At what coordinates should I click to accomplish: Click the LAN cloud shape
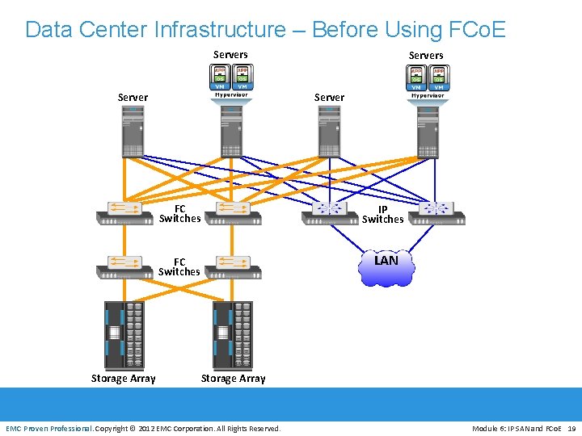click(386, 267)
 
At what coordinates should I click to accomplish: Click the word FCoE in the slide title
click(475, 30)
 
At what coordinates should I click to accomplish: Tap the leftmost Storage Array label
click(123, 379)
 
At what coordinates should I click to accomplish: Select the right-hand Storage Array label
click(233, 379)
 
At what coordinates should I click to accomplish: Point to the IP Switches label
click(382, 214)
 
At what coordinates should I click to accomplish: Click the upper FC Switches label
click(179, 213)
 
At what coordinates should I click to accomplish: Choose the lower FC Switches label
click(179, 266)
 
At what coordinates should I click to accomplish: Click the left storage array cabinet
click(124, 334)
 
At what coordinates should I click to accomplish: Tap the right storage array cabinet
click(233, 334)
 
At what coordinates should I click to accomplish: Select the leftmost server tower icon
click(133, 132)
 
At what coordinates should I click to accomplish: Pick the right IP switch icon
click(437, 212)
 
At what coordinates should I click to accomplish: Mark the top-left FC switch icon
click(124, 212)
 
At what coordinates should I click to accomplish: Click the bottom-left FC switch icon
click(124, 266)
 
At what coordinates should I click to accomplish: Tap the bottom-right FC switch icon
click(233, 266)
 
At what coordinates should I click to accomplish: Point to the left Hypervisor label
click(230, 95)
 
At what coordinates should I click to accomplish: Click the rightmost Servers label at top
click(426, 56)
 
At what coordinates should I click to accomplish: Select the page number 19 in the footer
click(571, 428)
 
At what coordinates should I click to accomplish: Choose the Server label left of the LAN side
click(329, 98)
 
